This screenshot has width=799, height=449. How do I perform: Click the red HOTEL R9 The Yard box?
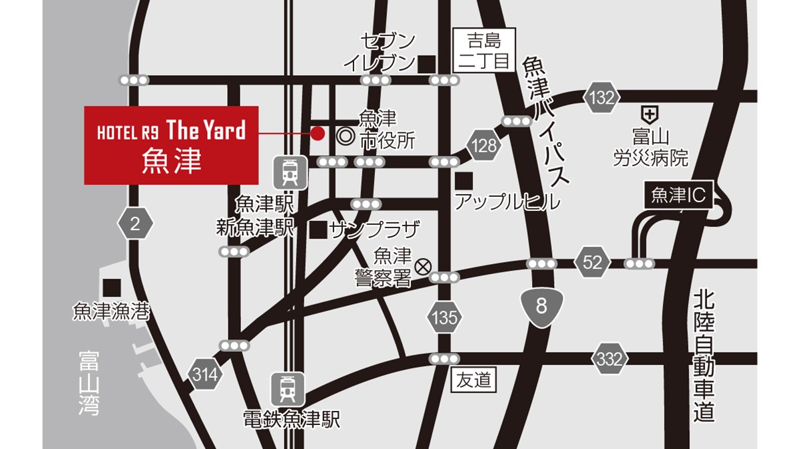click(x=171, y=145)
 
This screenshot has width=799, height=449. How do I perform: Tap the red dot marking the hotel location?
click(x=318, y=133)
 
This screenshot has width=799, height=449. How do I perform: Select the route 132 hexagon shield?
click(x=601, y=98)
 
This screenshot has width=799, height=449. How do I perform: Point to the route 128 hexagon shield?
click(x=485, y=145)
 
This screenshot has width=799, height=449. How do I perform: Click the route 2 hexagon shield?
click(x=135, y=224)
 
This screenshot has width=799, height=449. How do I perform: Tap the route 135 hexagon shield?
click(x=443, y=317)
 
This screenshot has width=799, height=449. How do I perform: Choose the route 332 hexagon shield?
click(x=609, y=360)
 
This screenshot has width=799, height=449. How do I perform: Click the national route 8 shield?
click(x=540, y=306)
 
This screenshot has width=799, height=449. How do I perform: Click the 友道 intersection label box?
click(x=474, y=380)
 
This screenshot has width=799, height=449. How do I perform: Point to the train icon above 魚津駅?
click(x=290, y=172)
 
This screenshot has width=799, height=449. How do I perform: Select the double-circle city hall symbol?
click(x=345, y=136)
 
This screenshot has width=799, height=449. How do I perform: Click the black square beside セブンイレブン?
click(x=427, y=63)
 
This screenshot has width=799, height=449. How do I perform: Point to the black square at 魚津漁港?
click(x=111, y=287)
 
